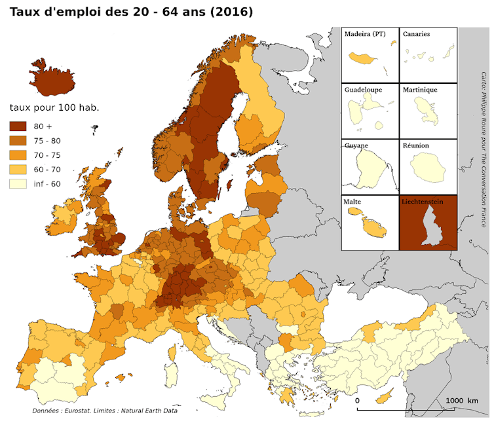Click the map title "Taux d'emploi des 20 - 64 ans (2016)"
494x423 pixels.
[x=131, y=12]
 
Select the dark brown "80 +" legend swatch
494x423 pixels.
[x=17, y=126]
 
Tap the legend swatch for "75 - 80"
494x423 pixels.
[x=17, y=141]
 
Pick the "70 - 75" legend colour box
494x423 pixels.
[x=17, y=155]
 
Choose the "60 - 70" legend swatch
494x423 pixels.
[x=17, y=170]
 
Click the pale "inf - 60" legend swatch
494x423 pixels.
[x=17, y=184]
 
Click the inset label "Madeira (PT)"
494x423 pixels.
[x=365, y=34]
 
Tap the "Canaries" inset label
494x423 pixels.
[x=417, y=34]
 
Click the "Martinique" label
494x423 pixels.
[x=420, y=90]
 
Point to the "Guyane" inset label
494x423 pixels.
[x=356, y=145]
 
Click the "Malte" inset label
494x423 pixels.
[x=352, y=202]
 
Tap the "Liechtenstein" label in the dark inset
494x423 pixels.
[x=423, y=202]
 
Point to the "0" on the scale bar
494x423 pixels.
[x=357, y=400]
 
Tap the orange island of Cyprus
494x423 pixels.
[x=385, y=397]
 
